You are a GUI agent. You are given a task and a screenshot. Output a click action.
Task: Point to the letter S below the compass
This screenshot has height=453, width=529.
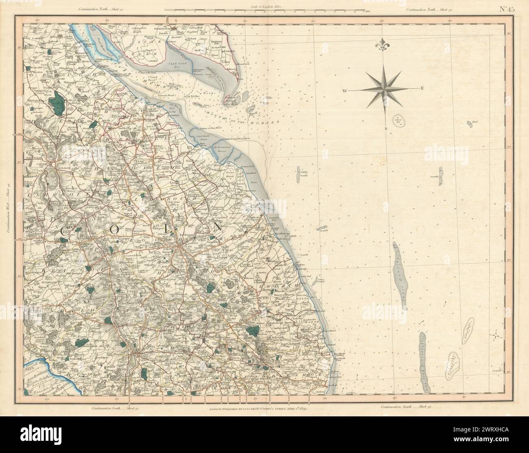coord(387,128)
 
